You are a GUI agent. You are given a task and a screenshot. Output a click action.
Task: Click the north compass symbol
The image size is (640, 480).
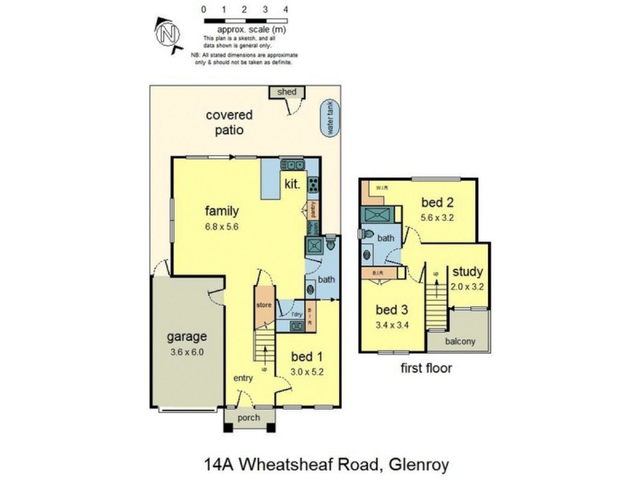pyautogui.click(x=166, y=34)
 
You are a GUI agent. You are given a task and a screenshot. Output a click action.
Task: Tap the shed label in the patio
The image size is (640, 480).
pyautogui.click(x=286, y=92)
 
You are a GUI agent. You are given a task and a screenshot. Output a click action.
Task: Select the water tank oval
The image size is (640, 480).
pyautogui.click(x=328, y=118)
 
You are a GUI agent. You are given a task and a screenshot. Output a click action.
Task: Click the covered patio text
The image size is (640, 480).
pyautogui.click(x=230, y=122)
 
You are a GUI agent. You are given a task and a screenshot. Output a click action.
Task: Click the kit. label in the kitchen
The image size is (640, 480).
pyautogui.click(x=292, y=184)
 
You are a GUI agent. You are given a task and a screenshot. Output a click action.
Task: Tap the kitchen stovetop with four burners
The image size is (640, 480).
pyautogui.click(x=312, y=186)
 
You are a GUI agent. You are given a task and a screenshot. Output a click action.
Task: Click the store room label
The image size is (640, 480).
pyautogui.click(x=264, y=305)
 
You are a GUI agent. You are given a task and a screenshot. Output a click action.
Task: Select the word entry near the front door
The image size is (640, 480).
pyautogui.click(x=244, y=378)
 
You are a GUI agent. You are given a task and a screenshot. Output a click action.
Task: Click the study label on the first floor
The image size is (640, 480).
pyautogui.click(x=468, y=271)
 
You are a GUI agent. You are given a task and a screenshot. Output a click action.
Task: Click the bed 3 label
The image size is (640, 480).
pyautogui.click(x=392, y=310)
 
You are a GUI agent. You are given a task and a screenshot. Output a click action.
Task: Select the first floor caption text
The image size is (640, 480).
pyautogui.click(x=426, y=369)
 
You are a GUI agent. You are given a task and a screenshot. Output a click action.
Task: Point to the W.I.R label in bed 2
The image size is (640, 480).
pyautogui.click(x=382, y=189)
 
